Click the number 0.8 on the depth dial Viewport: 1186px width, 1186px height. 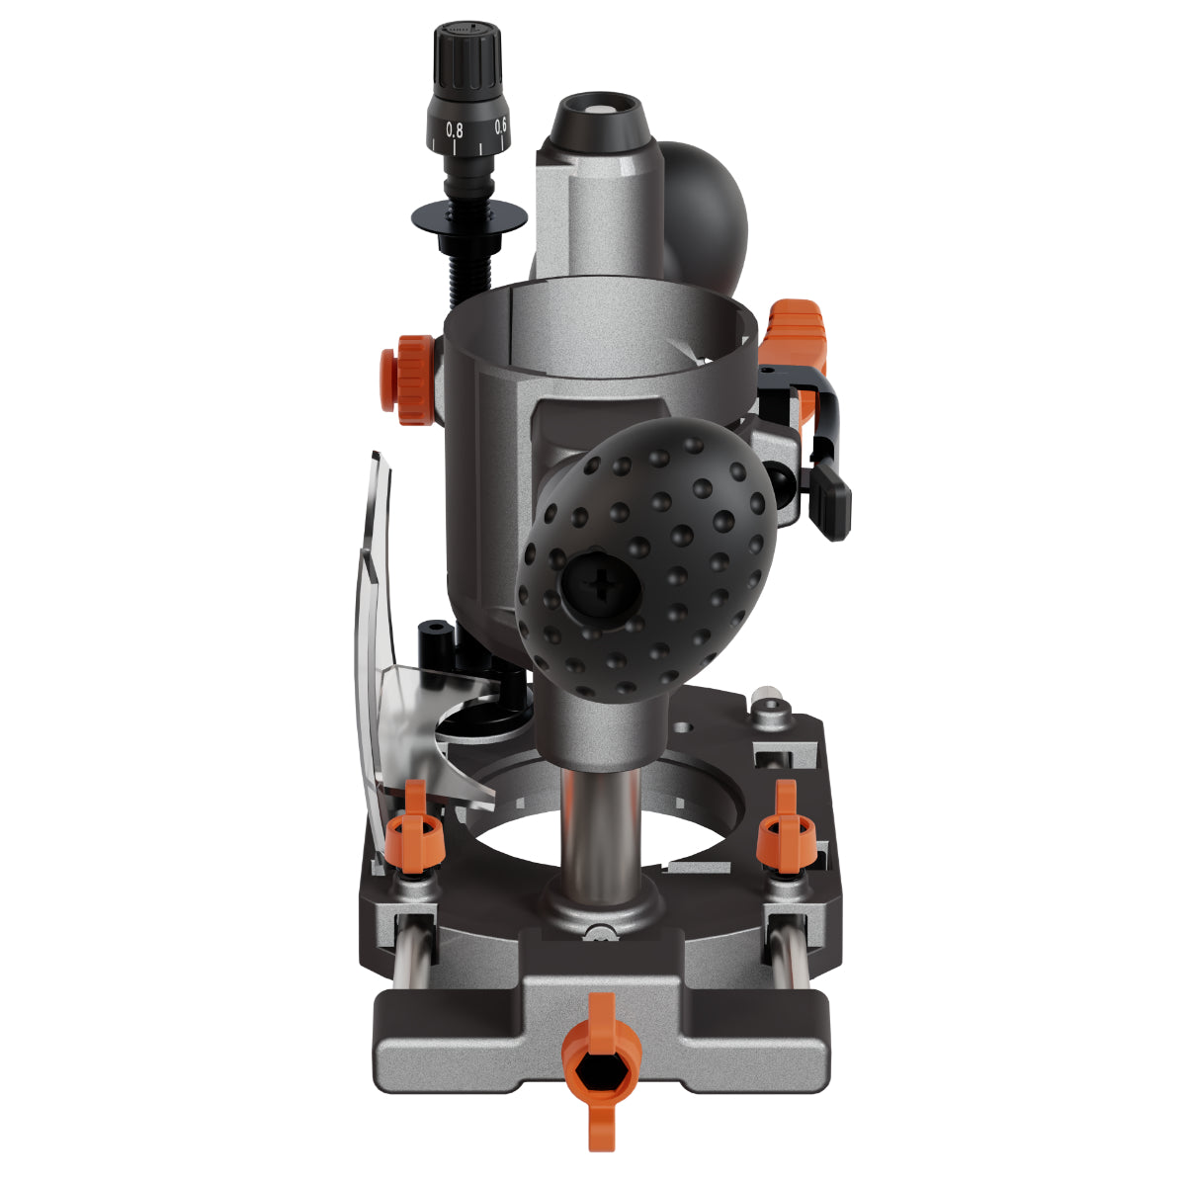click(455, 130)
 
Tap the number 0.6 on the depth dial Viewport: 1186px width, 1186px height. click(500, 126)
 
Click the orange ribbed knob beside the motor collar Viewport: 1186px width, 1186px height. click(407, 380)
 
